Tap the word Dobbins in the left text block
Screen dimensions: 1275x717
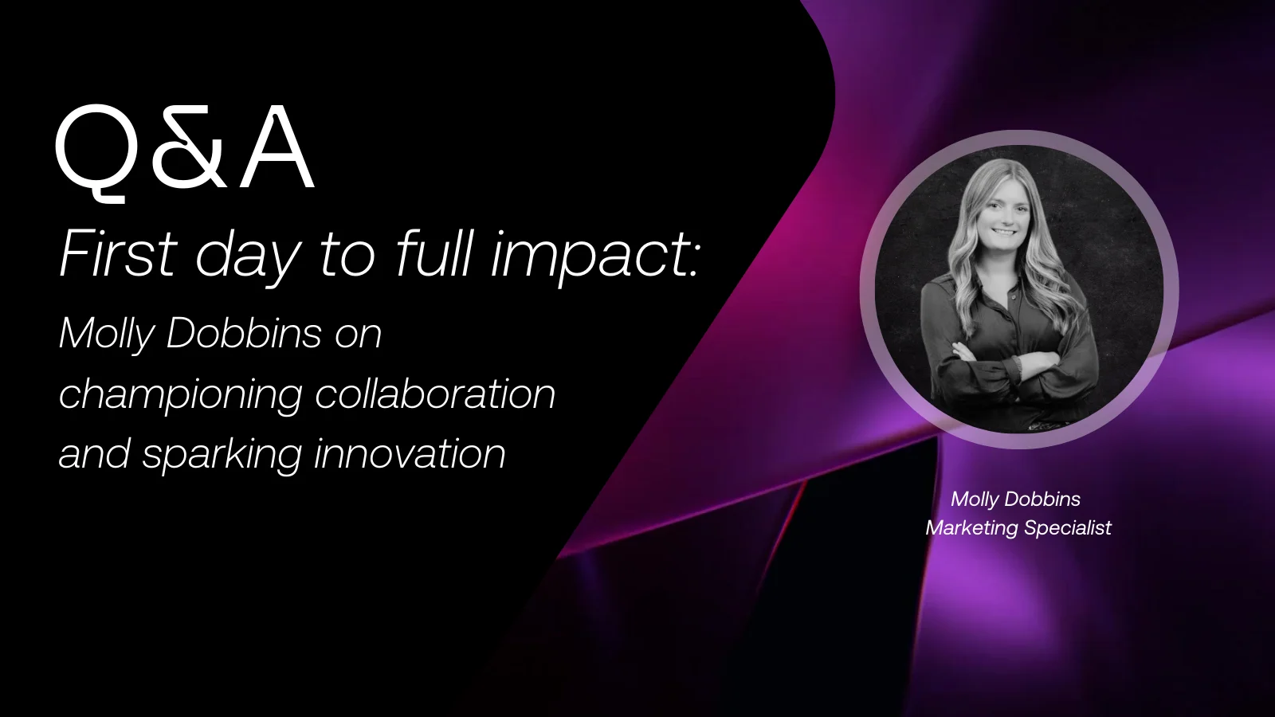pos(244,332)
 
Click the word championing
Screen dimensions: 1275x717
pos(180,394)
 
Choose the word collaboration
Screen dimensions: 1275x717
pos(435,393)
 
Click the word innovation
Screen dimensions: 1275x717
pos(410,453)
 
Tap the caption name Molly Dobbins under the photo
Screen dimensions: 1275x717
pos(1015,499)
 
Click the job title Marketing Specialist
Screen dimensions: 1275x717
pos(1018,528)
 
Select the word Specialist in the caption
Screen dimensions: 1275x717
pos(1067,528)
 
